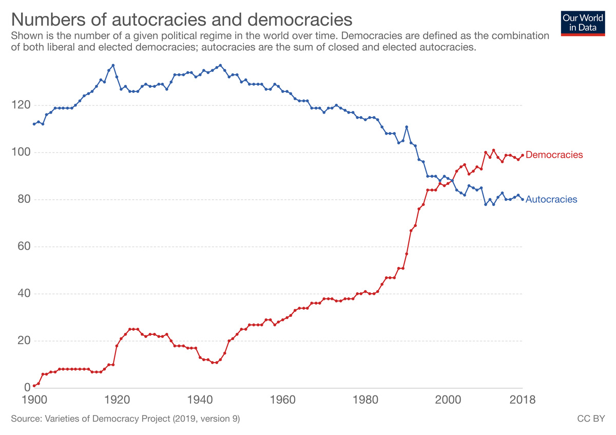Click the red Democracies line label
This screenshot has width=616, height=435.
[554, 155]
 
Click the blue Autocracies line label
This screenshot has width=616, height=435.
[551, 199]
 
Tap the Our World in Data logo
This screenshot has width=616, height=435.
[583, 22]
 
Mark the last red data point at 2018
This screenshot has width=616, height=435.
[523, 155]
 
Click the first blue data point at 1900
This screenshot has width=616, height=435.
[34, 124]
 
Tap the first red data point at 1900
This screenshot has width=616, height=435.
[34, 386]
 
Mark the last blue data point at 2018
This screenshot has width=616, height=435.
[523, 199]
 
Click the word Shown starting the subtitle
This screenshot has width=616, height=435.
[24, 36]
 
